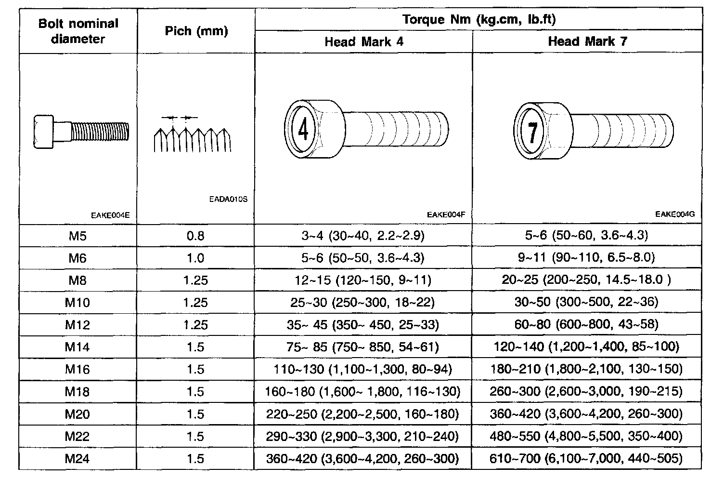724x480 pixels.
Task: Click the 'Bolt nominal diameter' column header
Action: (78, 31)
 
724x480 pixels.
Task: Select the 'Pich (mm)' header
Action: (196, 31)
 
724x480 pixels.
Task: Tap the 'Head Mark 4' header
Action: (364, 41)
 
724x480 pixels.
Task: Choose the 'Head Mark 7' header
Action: (588, 41)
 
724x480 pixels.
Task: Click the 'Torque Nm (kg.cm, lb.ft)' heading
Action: (479, 19)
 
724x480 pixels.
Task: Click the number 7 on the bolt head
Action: (532, 132)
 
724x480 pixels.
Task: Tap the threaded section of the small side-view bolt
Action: (100, 132)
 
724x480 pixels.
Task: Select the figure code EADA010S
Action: (228, 199)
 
